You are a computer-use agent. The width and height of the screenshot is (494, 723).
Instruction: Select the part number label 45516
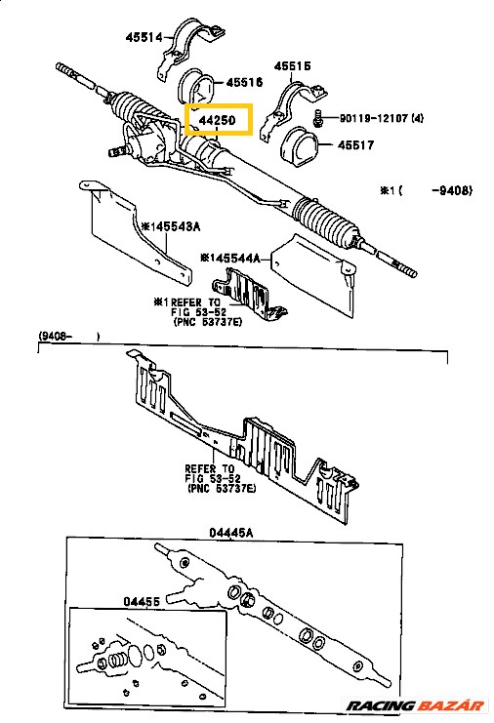click(245, 83)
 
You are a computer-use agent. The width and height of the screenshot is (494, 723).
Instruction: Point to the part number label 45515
click(292, 66)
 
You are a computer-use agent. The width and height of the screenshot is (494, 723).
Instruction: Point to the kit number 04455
click(141, 602)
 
